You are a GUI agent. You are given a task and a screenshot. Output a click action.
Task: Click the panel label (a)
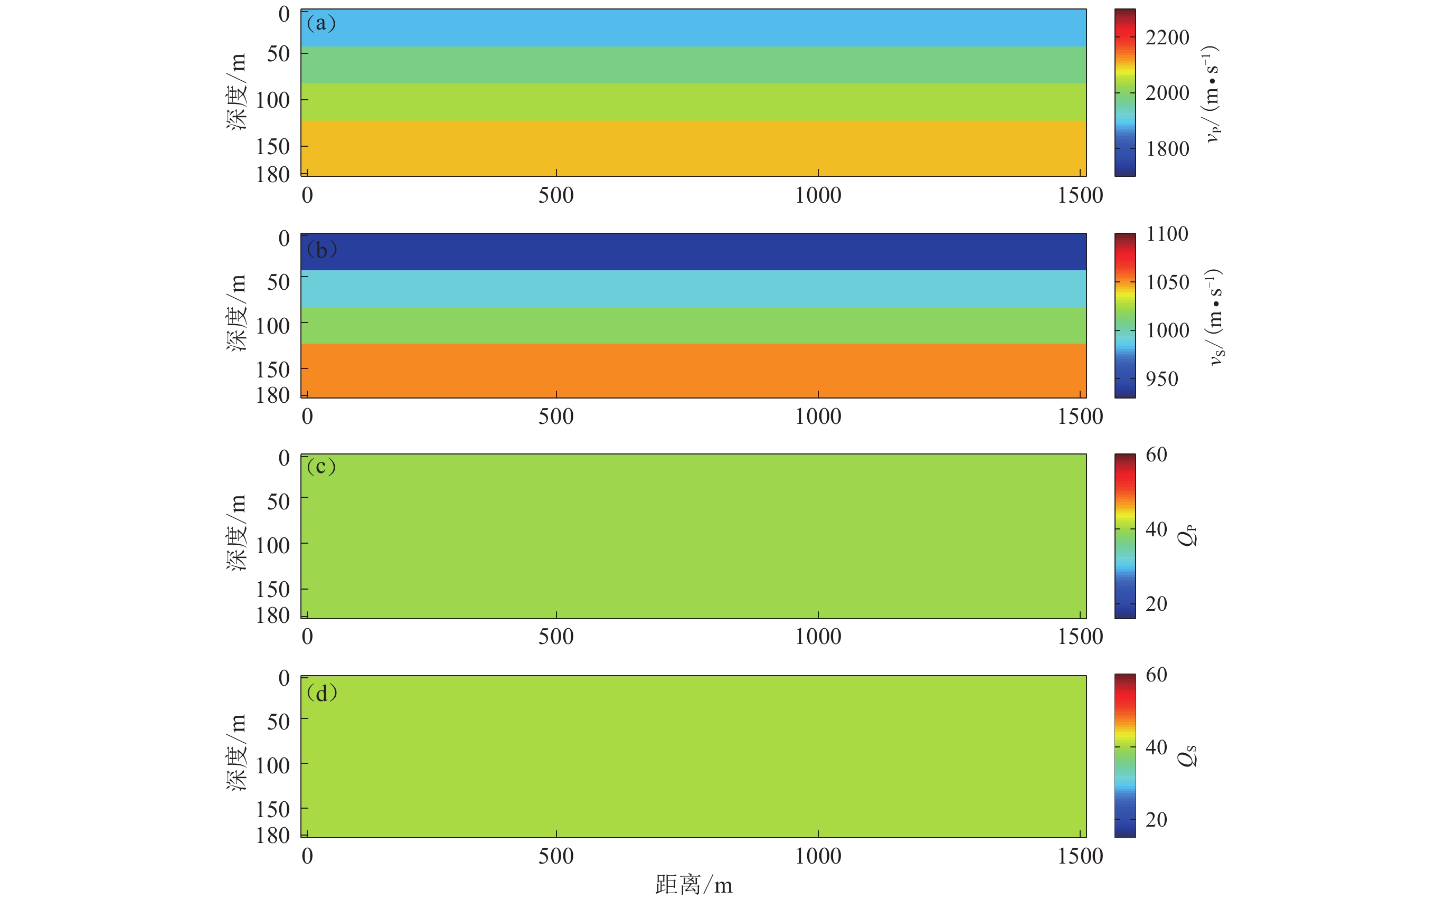click(321, 23)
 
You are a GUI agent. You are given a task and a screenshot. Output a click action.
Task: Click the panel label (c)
click(321, 467)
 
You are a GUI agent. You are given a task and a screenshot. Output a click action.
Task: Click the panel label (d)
click(322, 693)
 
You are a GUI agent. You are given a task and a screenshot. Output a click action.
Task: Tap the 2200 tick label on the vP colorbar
click(1167, 37)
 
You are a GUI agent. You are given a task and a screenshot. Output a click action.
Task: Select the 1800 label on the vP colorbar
click(1167, 149)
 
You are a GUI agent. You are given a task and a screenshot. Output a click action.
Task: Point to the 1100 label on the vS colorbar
click(1167, 234)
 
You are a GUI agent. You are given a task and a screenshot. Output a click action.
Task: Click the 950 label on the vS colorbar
click(1161, 378)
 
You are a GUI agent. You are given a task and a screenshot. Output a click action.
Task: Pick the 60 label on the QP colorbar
click(1156, 455)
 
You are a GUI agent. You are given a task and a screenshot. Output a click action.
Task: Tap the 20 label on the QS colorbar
click(1156, 820)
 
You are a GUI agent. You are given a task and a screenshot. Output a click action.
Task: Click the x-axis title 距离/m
click(694, 885)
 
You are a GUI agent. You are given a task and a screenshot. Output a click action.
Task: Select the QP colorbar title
click(1186, 535)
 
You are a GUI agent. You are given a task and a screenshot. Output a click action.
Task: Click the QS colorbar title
click(1186, 755)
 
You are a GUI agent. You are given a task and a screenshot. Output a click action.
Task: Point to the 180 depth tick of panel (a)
click(272, 174)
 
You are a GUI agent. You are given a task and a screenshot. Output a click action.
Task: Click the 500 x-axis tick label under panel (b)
click(556, 416)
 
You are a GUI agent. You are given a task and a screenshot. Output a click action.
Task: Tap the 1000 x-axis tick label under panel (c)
click(818, 636)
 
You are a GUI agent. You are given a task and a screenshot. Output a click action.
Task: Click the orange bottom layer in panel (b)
click(693, 370)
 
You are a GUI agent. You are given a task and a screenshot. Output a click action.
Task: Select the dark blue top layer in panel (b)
click(693, 252)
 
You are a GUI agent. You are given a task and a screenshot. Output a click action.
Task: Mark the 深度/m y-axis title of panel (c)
click(237, 533)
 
